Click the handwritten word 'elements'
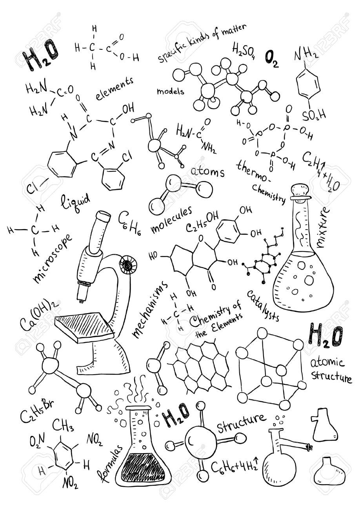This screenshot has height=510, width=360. point(115,88)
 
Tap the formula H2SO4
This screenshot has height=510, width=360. point(244,50)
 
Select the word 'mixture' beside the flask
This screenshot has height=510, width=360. point(324,228)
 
